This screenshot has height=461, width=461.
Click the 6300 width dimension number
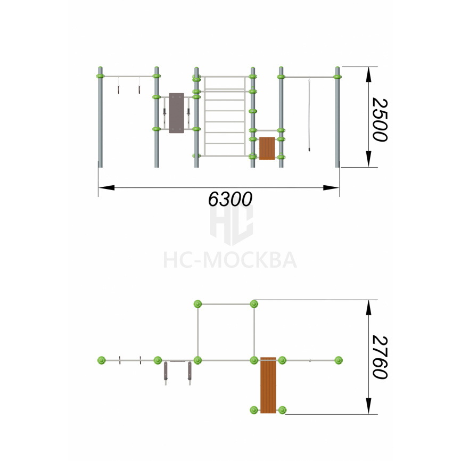230,199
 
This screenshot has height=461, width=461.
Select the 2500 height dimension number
380,120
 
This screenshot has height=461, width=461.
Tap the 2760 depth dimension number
380,357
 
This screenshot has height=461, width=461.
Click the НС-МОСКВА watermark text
230,260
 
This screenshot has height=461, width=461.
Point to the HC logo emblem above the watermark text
232,225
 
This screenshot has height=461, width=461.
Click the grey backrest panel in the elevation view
176,113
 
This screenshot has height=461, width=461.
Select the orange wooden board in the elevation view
267,148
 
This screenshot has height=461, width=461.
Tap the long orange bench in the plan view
268,385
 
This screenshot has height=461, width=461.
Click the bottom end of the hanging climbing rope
309,150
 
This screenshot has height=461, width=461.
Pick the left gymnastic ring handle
119,89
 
